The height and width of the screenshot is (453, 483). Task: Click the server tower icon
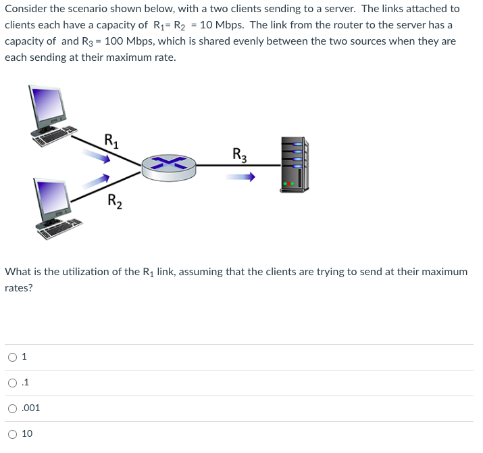pyautogui.click(x=294, y=164)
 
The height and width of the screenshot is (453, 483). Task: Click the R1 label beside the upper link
pyautogui.click(x=112, y=142)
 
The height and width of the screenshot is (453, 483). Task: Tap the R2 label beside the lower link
pyautogui.click(x=115, y=200)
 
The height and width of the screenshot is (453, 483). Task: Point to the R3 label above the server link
pyautogui.click(x=239, y=153)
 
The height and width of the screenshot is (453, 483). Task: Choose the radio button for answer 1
pyautogui.click(x=13, y=357)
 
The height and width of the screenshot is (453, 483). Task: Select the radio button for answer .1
pyautogui.click(x=13, y=383)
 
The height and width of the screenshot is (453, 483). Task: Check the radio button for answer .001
pyautogui.click(x=13, y=408)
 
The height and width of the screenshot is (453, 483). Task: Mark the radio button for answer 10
pyautogui.click(x=13, y=434)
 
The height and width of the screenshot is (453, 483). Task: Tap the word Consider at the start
pyautogui.click(x=26, y=9)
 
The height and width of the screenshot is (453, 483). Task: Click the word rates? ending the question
pyautogui.click(x=19, y=288)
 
